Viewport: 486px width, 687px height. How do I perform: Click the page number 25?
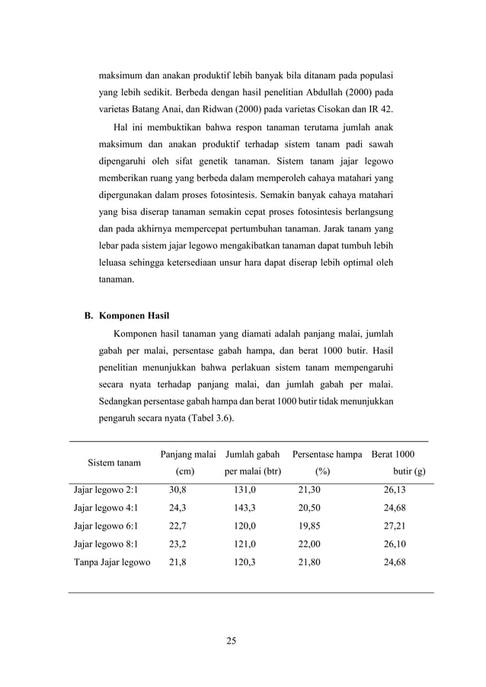pos(232,640)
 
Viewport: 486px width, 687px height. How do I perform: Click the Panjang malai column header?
pos(188,455)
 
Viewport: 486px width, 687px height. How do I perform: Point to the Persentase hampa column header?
pos(327,455)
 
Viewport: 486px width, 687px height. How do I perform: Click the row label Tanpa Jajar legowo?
pos(111,563)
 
